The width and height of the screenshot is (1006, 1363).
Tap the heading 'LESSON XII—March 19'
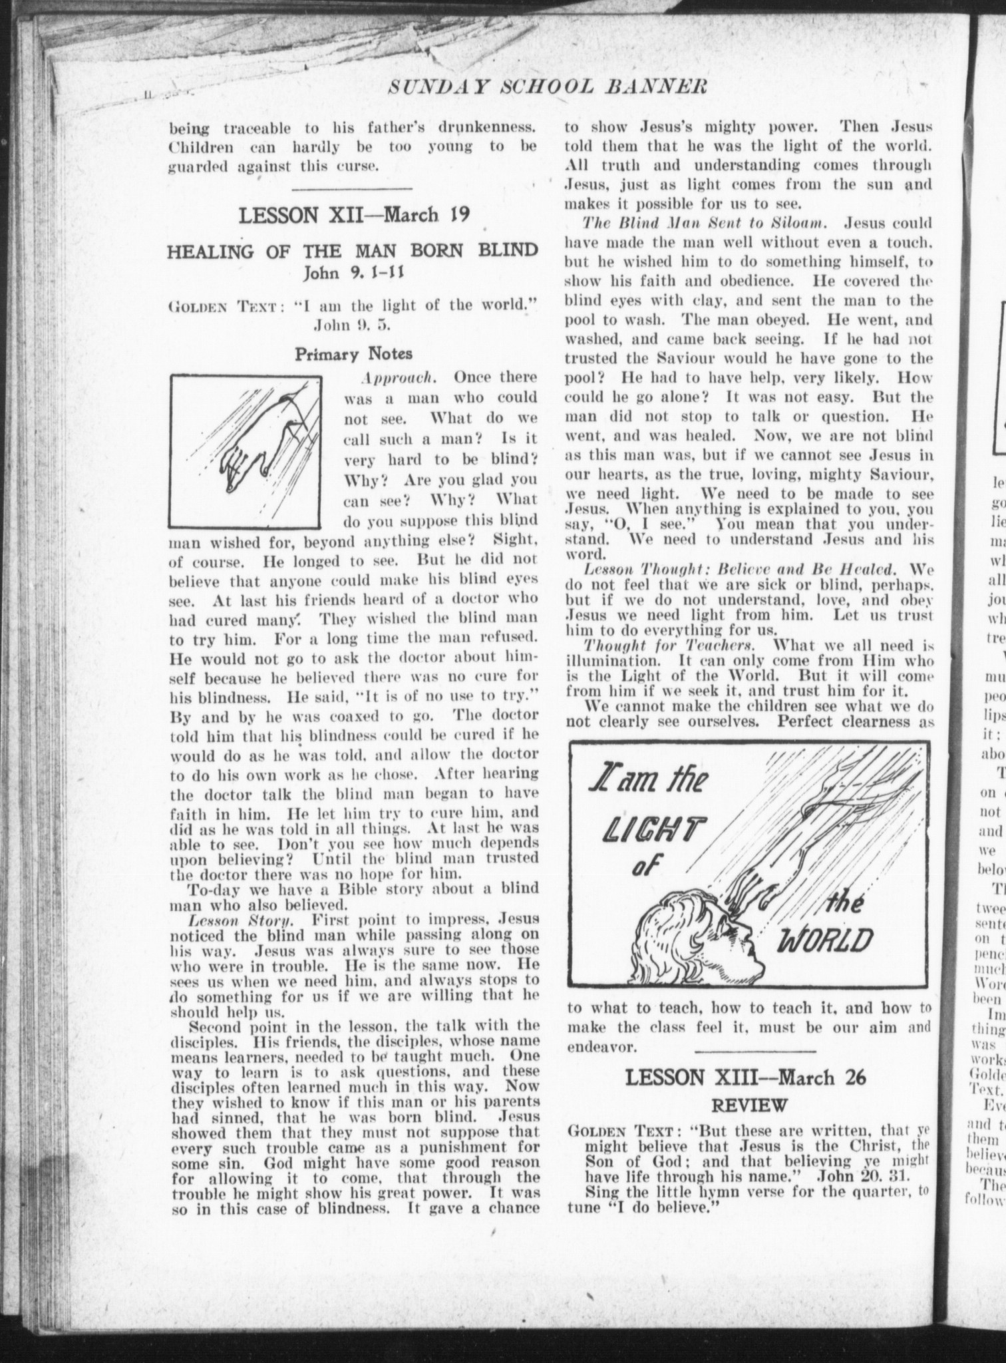[354, 216]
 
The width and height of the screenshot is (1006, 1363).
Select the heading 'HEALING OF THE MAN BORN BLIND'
[352, 252]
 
